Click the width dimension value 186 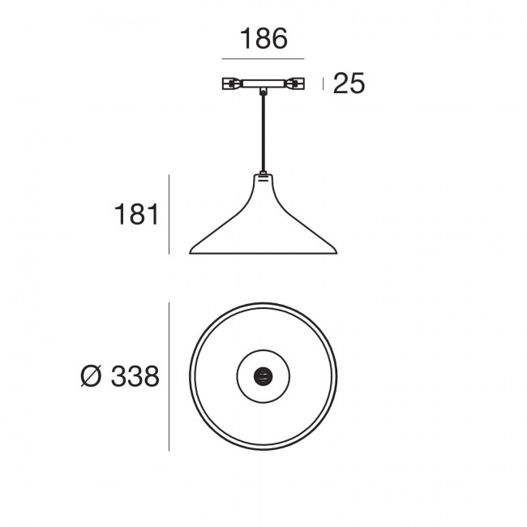pos(263,38)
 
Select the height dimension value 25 pos(349,84)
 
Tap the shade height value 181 pos(135,216)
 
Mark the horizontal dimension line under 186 pos(263,59)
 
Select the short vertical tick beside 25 pos(324,84)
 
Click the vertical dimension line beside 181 pos(169,214)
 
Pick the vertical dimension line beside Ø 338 pos(169,376)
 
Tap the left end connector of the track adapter pos(230,83)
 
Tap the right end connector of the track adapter pos(298,83)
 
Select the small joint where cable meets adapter pos(263,93)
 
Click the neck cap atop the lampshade pos(263,175)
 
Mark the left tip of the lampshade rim pos(191,250)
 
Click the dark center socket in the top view pos(263,375)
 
